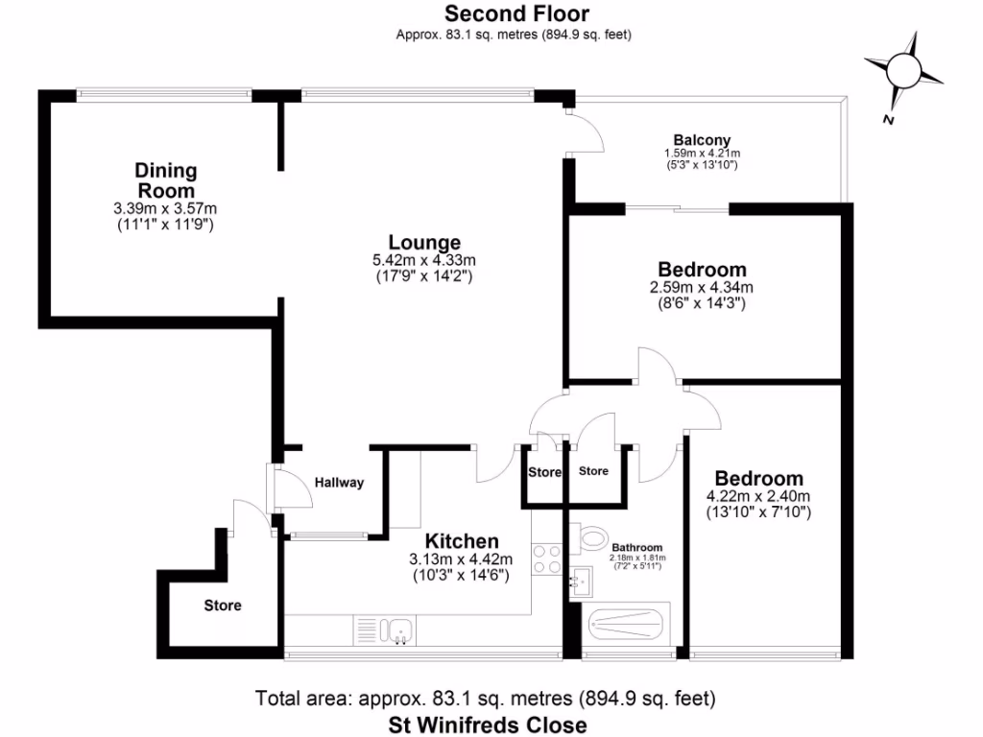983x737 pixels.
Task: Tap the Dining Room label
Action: [x=165, y=180]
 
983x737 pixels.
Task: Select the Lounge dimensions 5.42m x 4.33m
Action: [x=424, y=260]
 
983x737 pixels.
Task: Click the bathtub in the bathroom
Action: [x=626, y=627]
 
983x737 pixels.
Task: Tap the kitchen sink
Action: [x=396, y=630]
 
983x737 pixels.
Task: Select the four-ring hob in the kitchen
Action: [x=546, y=559]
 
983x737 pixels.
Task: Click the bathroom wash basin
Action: [x=580, y=580]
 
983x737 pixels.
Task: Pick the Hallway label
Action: [x=339, y=483]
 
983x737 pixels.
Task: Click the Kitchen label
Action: [x=462, y=541]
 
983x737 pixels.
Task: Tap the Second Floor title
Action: [x=515, y=13]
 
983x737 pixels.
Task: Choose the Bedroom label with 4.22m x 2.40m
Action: [x=758, y=478]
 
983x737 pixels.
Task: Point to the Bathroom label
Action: [x=636, y=547]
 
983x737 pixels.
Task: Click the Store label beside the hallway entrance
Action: [x=222, y=606]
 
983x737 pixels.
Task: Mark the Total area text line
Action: [x=485, y=698]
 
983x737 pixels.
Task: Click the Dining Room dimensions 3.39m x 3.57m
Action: [x=165, y=208]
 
